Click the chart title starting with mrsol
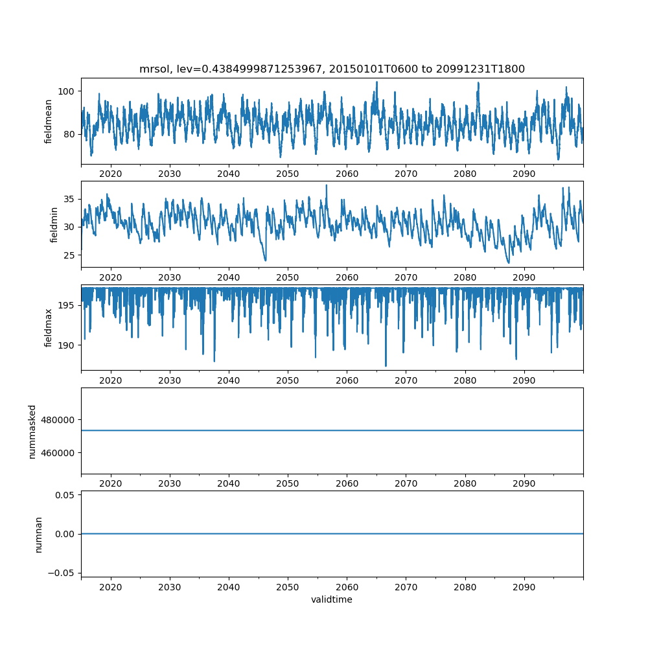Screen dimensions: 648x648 pyautogui.click(x=332, y=69)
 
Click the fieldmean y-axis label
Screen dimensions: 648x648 pyautogui.click(x=49, y=121)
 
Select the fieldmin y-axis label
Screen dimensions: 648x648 pyautogui.click(x=54, y=224)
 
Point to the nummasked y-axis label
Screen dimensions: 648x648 pyautogui.click(x=32, y=431)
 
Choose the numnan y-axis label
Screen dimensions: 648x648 pyautogui.click(x=38, y=534)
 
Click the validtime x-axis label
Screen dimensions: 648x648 pyautogui.click(x=332, y=599)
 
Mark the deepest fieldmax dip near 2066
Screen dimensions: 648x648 pyautogui.click(x=386, y=366)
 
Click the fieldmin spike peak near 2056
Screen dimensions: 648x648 pyautogui.click(x=326, y=185)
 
